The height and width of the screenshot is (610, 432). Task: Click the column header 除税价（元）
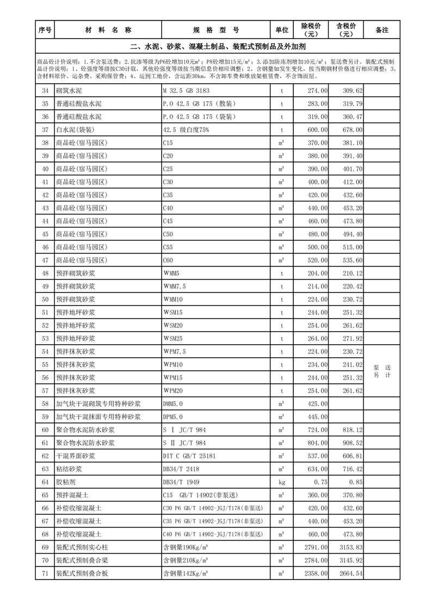tap(311, 30)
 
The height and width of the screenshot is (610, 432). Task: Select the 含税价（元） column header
tap(346, 30)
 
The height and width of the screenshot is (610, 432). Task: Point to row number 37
tap(45, 130)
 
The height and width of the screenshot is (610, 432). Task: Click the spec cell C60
tap(168, 260)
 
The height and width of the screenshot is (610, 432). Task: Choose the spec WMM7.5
tap(175, 287)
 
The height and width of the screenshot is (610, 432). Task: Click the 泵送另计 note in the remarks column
tap(382, 372)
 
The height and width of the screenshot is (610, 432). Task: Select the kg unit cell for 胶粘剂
tap(282, 482)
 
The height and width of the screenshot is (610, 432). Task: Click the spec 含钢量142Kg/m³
tap(186, 574)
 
